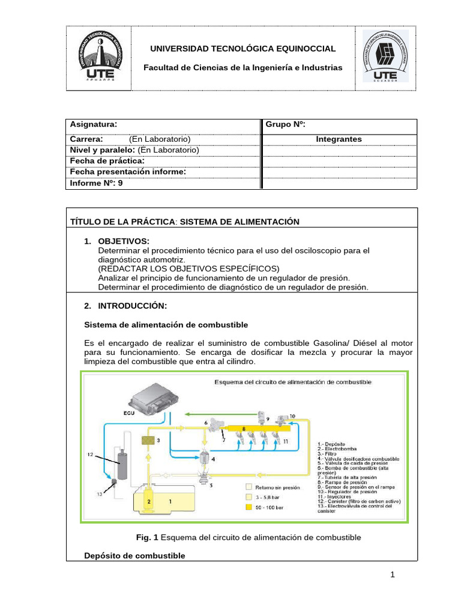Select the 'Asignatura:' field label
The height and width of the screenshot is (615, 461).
tap(94, 124)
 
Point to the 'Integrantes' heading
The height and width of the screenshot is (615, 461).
tap(339, 139)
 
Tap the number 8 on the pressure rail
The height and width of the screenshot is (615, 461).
tap(244, 429)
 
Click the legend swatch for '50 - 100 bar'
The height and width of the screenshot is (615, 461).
tap(249, 507)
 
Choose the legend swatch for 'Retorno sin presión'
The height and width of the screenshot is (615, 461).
tap(249, 488)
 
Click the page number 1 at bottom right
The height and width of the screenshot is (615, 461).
tap(393, 575)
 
